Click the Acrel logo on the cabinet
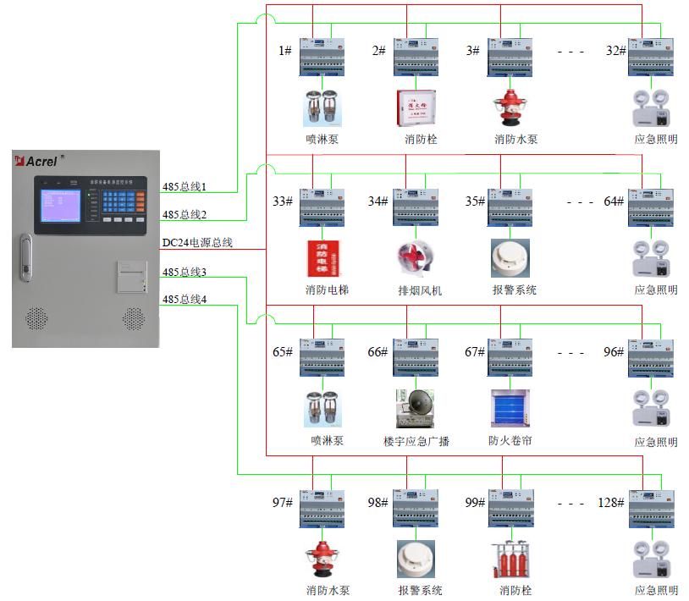[x=39, y=160]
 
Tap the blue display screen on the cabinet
[x=61, y=208]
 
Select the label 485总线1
[x=185, y=185]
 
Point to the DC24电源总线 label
[x=197, y=244]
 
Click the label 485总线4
[x=185, y=299]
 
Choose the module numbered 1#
[x=322, y=56]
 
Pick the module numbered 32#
[x=650, y=56]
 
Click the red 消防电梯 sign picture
[x=322, y=259]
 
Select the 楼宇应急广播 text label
[x=416, y=441]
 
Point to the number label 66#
[x=377, y=351]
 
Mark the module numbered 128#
[x=650, y=509]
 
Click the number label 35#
[x=474, y=201]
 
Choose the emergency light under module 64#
[x=650, y=259]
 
